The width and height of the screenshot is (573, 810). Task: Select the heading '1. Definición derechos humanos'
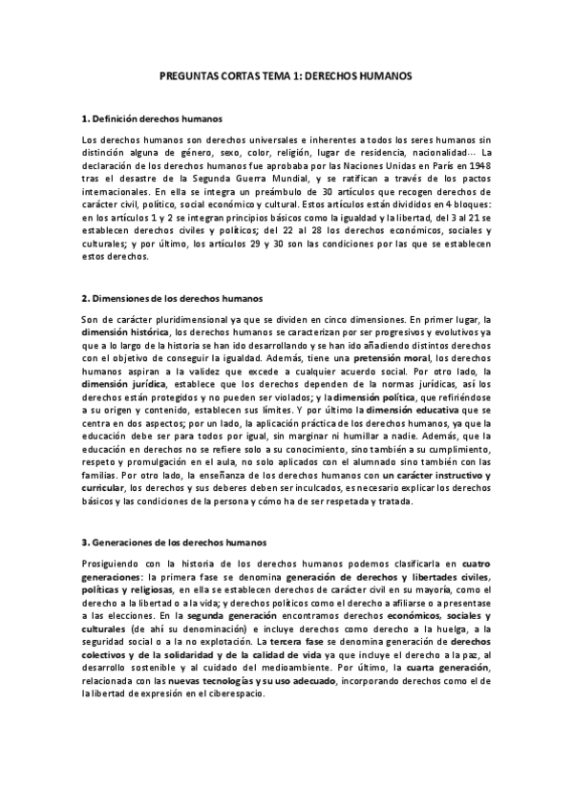153,119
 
